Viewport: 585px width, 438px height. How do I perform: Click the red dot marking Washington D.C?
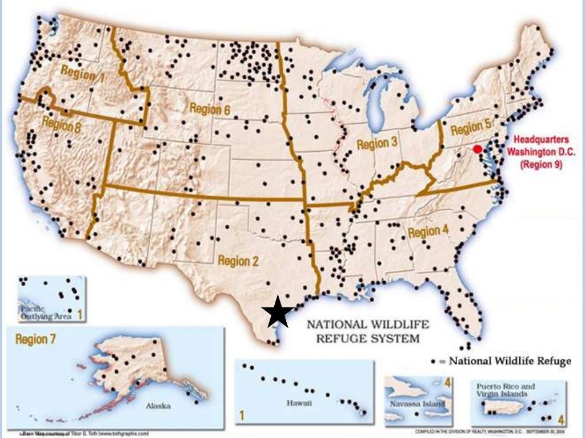coord(477,149)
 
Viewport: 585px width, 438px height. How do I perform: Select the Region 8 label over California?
coord(61,124)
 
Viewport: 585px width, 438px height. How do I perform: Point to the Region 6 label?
coord(209,108)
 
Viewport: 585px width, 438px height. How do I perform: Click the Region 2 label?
coord(238,261)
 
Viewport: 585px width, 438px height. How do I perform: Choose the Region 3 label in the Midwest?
coord(377,143)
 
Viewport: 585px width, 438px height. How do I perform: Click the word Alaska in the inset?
coord(158,406)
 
